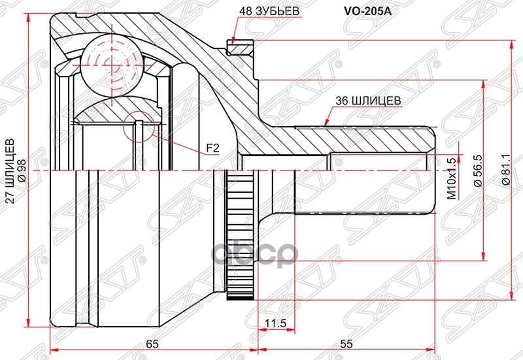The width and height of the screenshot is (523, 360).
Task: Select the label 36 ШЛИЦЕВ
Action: pyautogui.click(x=367, y=101)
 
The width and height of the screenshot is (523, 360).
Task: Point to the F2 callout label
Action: pyautogui.click(x=212, y=148)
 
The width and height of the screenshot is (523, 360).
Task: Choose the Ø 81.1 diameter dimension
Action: pyautogui.click(x=505, y=171)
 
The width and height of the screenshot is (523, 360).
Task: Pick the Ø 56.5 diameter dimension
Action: pyautogui.click(x=477, y=171)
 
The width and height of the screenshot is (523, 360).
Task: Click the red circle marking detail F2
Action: pyautogui.click(x=139, y=127)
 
